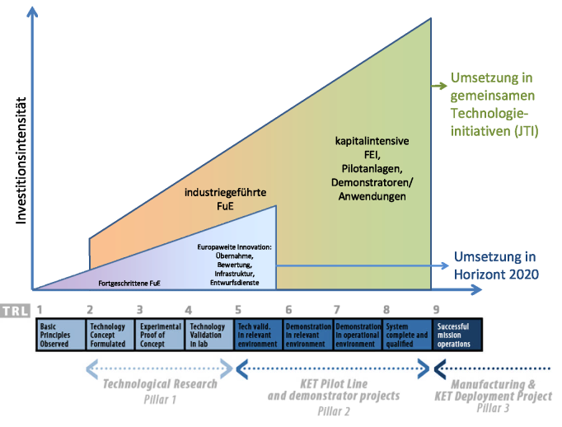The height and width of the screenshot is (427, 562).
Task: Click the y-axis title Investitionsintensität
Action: pos(23,164)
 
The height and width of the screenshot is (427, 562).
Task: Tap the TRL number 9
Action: pos(436,310)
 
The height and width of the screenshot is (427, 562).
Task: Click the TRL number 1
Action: pos(40,310)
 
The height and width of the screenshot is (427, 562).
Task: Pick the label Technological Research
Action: pos(160,383)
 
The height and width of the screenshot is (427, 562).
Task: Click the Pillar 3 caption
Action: pos(493,406)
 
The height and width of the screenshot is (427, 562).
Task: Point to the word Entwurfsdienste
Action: pos(236,282)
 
